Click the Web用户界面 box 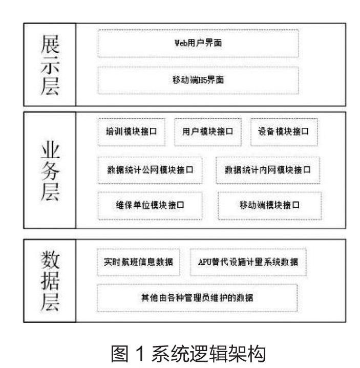(198, 44)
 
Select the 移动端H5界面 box (198, 80)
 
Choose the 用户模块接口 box (207, 131)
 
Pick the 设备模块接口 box (284, 131)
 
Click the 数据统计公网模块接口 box (150, 169)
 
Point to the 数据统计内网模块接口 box (268, 169)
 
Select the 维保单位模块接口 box (150, 205)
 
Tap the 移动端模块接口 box (270, 205)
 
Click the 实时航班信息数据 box (135, 262)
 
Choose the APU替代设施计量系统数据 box (248, 262)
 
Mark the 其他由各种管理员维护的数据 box (197, 297)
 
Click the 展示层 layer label (50, 65)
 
